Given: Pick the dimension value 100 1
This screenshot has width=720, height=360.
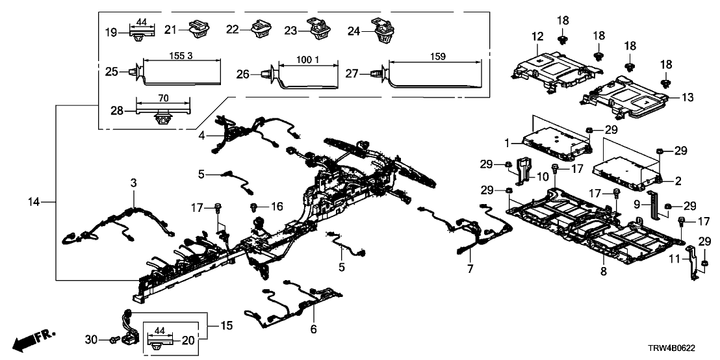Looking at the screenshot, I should pyautogui.click(x=309, y=60).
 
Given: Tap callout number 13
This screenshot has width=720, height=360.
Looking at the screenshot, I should pyautogui.click(x=687, y=97).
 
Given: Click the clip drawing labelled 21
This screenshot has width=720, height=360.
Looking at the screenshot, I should pyautogui.click(x=195, y=28).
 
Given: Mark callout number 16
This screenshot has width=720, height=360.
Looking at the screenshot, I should pyautogui.click(x=277, y=207).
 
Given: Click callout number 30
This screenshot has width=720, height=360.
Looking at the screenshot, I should pyautogui.click(x=90, y=339).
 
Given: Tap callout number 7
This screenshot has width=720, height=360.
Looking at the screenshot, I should pyautogui.click(x=470, y=267).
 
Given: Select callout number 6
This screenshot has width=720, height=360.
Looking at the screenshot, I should pyautogui.click(x=314, y=330).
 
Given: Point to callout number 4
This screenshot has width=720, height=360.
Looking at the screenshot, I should pyautogui.click(x=201, y=135).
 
